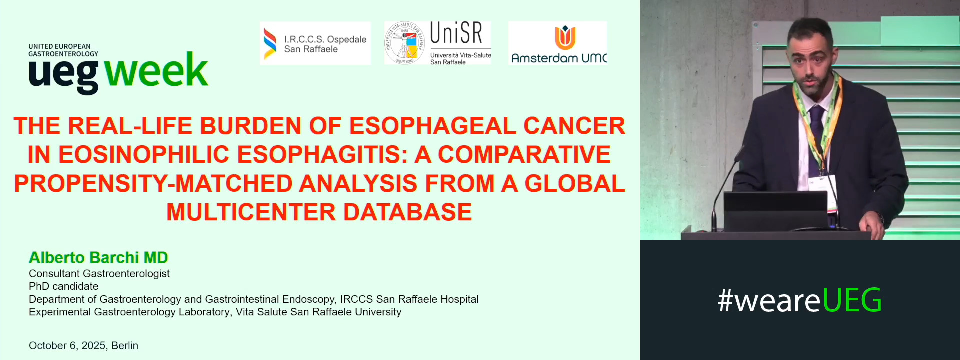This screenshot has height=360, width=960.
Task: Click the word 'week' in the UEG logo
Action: (156, 71)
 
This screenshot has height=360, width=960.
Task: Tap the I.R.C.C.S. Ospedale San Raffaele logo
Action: (315, 44)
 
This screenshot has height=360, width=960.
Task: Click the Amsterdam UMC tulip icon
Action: (565, 37)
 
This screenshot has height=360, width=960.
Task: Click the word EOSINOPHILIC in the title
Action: (145, 154)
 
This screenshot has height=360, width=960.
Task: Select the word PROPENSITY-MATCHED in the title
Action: (153, 183)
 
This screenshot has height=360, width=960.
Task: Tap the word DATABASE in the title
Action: (407, 212)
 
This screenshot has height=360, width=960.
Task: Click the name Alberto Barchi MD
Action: (98, 257)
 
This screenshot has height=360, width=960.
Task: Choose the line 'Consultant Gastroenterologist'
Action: (99, 273)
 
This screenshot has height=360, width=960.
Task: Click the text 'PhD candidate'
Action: (63, 286)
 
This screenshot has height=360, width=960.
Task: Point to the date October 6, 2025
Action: (67, 345)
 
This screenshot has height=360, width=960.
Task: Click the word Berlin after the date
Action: (125, 345)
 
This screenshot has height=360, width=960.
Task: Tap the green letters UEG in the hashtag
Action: (851, 300)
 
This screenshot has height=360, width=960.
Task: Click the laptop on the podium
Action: (775, 210)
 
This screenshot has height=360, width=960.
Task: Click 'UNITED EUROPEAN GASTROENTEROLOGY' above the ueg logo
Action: (63, 50)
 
